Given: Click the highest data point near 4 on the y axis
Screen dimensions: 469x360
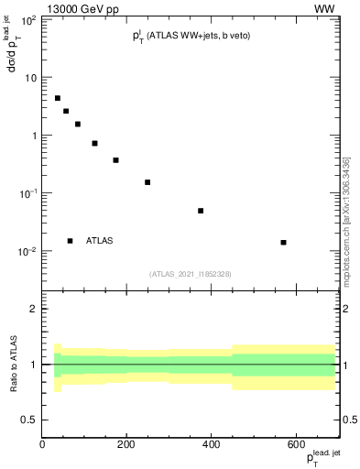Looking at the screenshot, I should click(x=57, y=98).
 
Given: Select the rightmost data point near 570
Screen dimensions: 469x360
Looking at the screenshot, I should click(x=283, y=242).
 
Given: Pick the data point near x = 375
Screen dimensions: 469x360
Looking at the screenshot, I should click(x=201, y=211).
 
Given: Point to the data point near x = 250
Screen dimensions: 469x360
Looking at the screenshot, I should click(x=147, y=182).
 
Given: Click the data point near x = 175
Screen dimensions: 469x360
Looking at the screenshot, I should click(x=116, y=160).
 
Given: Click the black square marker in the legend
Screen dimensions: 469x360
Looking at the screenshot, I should click(x=70, y=241).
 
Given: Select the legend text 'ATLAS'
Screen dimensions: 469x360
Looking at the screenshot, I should click(x=100, y=241).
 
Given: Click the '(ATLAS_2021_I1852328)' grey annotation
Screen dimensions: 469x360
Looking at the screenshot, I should click(x=191, y=273).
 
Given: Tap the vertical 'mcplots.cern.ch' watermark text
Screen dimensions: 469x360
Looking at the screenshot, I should click(x=346, y=220).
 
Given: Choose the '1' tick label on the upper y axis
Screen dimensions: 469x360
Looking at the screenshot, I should click(x=33, y=136).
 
